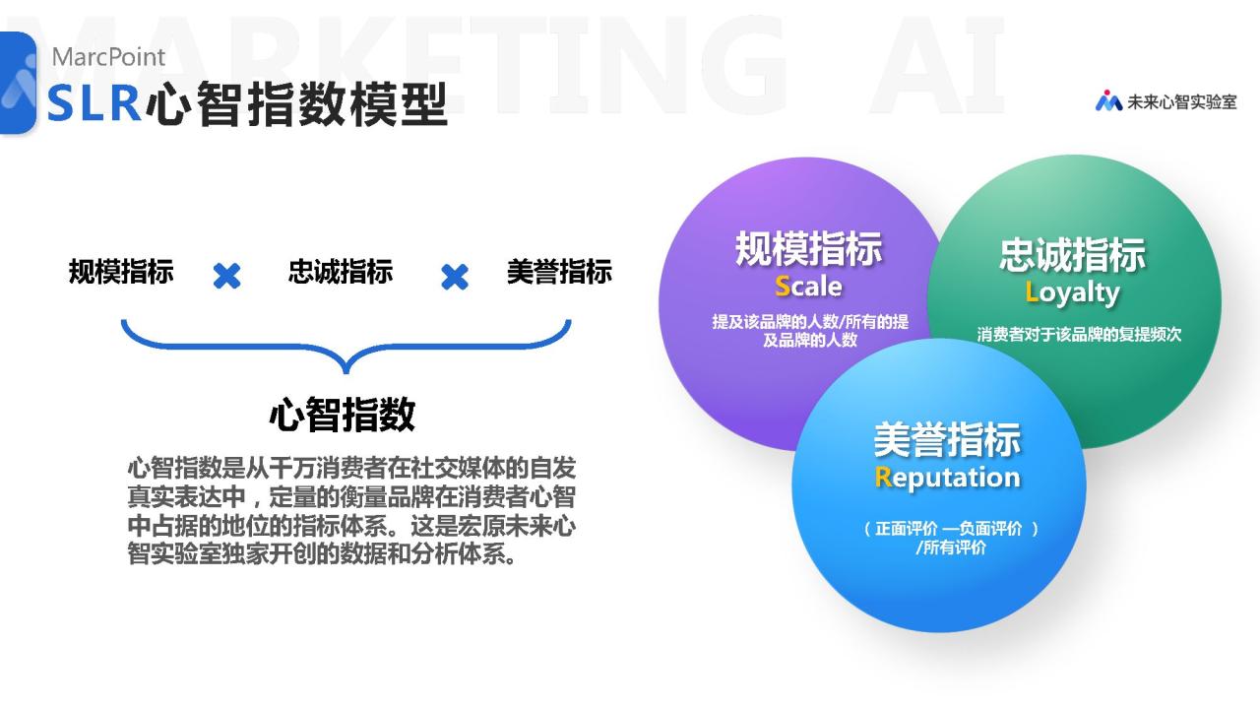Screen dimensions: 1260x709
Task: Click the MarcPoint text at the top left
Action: point(108,57)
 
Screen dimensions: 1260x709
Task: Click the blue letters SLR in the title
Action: point(94,103)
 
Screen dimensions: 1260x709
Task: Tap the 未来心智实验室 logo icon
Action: point(1108,100)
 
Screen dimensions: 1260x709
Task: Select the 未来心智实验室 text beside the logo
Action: point(1182,101)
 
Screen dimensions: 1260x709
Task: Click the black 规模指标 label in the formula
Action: point(121,272)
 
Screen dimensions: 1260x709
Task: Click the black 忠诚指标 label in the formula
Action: point(341,271)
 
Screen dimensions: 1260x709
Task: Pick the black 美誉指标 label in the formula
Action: point(559,272)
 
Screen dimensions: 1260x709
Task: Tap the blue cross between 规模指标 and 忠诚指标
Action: point(226,277)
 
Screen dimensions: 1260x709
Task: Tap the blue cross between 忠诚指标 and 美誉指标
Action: point(455,277)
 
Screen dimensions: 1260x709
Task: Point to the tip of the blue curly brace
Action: point(346,372)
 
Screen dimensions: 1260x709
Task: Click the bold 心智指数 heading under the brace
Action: point(343,415)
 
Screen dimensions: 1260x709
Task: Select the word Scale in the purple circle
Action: point(808,286)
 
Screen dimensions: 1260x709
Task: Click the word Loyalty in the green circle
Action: point(1072,293)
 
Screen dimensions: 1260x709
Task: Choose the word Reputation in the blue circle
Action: point(947,479)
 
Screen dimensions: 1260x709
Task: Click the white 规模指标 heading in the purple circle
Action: point(808,248)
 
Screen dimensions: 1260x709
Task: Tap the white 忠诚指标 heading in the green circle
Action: point(1072,255)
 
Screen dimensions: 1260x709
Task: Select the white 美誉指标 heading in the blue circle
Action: point(947,439)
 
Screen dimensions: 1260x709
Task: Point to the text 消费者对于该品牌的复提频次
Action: point(1079,334)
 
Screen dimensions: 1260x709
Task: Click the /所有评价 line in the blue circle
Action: point(951,548)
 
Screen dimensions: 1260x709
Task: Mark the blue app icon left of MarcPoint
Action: point(17,84)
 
